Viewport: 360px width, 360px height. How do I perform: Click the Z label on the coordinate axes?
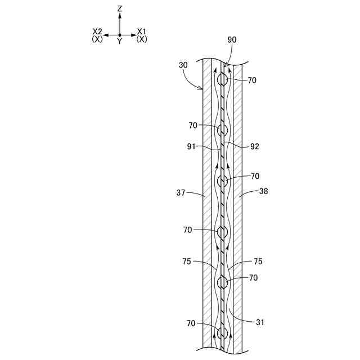(x=119, y=9)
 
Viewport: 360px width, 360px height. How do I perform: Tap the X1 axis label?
(x=141, y=31)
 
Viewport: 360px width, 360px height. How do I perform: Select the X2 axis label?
(x=97, y=31)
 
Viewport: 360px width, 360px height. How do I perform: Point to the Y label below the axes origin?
(x=119, y=41)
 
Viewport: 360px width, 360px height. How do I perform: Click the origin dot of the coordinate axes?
(x=119, y=35)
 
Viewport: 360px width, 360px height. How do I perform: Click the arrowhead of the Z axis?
(x=119, y=15)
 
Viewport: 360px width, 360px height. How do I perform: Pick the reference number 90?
(x=232, y=40)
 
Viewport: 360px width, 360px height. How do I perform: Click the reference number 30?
(x=183, y=65)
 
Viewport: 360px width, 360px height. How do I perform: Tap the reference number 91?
(x=191, y=146)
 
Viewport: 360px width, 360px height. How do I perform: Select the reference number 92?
(x=254, y=146)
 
